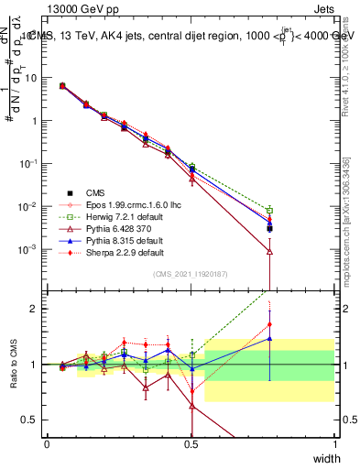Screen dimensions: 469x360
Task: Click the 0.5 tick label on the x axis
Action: click(191, 443)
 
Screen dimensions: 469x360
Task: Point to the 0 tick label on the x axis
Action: click(47, 443)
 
